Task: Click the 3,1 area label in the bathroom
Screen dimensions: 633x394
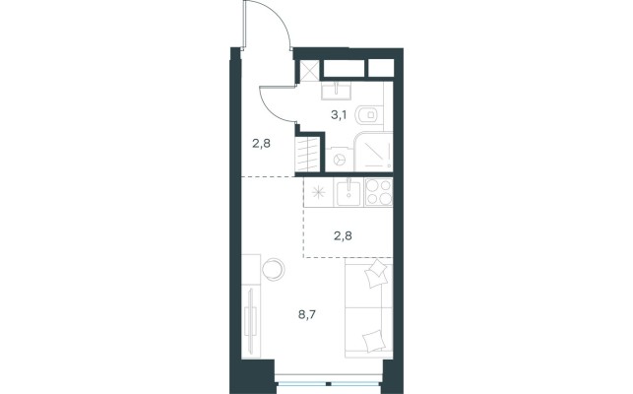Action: [339, 115]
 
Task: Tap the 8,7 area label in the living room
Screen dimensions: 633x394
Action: [307, 314]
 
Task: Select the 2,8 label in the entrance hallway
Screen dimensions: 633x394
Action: [261, 143]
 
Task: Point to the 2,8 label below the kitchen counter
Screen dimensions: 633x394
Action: [343, 235]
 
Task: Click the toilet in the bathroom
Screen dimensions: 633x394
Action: [368, 115]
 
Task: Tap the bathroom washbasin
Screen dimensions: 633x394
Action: [336, 91]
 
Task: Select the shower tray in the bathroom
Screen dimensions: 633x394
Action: [373, 152]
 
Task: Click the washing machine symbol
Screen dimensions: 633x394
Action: [339, 159]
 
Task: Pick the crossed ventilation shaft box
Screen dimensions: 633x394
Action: [310, 71]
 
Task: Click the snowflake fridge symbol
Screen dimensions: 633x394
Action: [319, 191]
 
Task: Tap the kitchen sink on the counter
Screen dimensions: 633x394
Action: [348, 192]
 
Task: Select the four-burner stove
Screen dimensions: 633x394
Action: [379, 192]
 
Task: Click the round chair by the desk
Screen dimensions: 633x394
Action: [274, 269]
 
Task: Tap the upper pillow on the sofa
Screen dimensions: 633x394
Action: [376, 274]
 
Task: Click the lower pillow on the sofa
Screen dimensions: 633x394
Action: [373, 341]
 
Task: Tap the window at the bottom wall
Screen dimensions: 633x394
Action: [329, 383]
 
